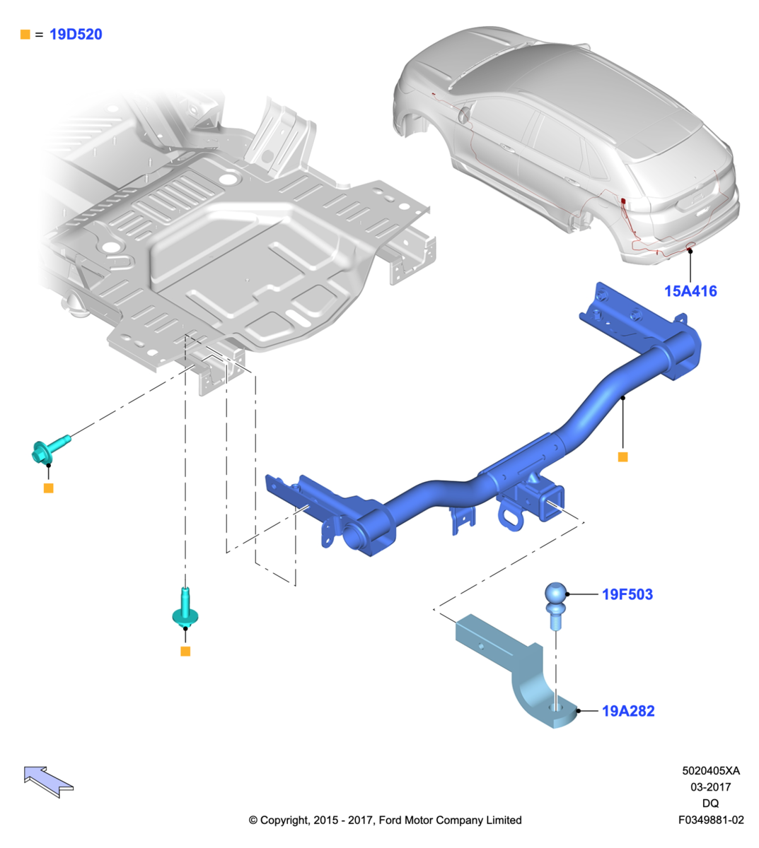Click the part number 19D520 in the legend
(76, 34)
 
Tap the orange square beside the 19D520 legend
(25, 34)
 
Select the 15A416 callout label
(690, 291)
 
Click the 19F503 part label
(627, 594)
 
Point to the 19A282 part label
(628, 711)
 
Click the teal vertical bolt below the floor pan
(185, 610)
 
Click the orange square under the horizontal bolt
(48, 488)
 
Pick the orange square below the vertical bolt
(185, 651)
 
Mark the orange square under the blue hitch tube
(622, 457)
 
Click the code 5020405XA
(711, 771)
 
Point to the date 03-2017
(711, 787)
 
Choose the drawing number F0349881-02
(711, 820)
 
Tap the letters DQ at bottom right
(710, 803)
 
